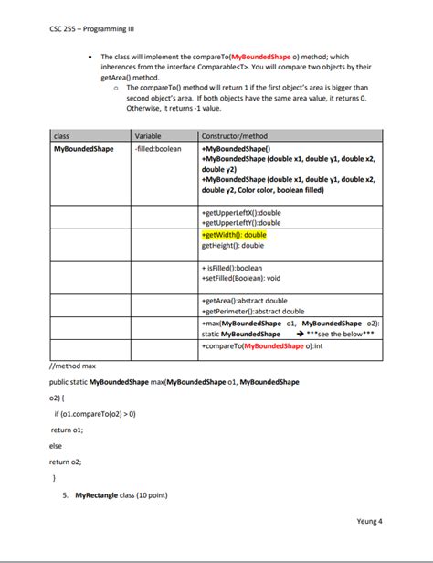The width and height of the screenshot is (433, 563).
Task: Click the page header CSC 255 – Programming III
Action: point(89,27)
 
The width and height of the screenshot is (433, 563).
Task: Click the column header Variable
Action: point(148,135)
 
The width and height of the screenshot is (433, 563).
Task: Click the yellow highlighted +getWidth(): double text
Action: point(233,235)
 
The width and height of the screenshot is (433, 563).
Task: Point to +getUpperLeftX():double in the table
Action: point(241,212)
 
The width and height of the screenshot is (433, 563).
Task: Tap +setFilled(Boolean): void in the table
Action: point(240,279)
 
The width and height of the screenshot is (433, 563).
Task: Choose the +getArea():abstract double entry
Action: point(244,301)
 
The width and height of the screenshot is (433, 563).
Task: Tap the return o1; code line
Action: point(67,429)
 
